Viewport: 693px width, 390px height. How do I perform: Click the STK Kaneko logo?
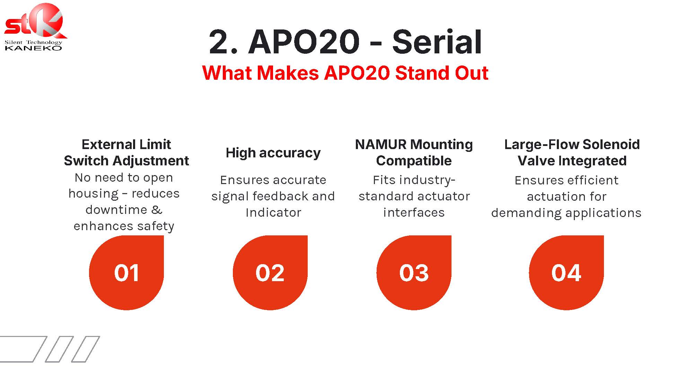tap(35, 27)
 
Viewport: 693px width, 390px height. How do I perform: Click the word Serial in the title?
tap(437, 42)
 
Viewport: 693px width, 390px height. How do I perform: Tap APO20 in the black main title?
tap(304, 42)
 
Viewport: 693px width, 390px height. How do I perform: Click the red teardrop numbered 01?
tap(126, 272)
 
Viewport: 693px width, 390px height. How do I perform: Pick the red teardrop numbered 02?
tap(270, 272)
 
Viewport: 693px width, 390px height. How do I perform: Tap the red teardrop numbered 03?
tap(414, 272)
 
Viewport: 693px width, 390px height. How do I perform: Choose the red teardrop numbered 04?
tap(567, 272)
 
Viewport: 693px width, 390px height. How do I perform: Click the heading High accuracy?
tap(273, 153)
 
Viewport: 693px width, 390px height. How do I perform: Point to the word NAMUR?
tap(381, 144)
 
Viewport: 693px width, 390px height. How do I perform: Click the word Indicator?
tap(273, 213)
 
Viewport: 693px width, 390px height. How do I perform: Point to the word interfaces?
tap(414, 213)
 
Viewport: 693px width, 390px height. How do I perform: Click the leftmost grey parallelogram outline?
tap(21, 349)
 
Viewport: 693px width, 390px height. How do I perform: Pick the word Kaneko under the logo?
tap(33, 48)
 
